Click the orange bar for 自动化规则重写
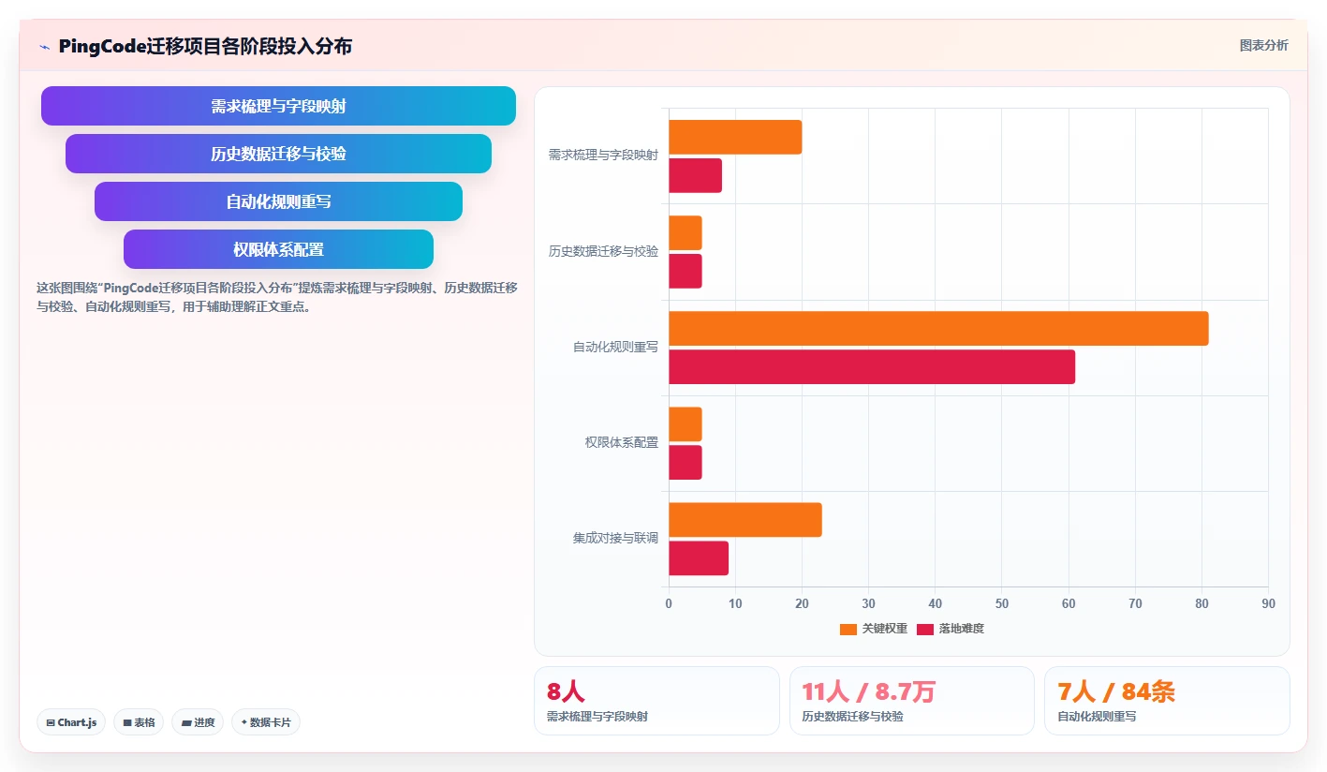pyautogui.click(x=938, y=328)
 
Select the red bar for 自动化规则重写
pyautogui.click(x=872, y=366)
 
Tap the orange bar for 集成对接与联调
pyautogui.click(x=745, y=520)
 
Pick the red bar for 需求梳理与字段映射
pyautogui.click(x=696, y=175)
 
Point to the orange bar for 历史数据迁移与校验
pyautogui.click(x=686, y=233)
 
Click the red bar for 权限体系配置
pyautogui.click(x=686, y=462)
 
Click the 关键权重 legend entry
pyautogui.click(x=873, y=629)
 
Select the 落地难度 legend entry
pyautogui.click(x=951, y=629)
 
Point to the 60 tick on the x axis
pyautogui.click(x=1069, y=603)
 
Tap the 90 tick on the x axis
pyautogui.click(x=1268, y=603)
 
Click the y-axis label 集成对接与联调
pyautogui.click(x=615, y=538)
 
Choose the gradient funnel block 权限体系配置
pyautogui.click(x=278, y=249)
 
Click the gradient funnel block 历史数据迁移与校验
pyautogui.click(x=278, y=154)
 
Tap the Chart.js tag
pyautogui.click(x=71, y=722)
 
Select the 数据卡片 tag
pyautogui.click(x=265, y=722)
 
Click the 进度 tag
pyautogui.click(x=198, y=722)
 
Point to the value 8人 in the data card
pyautogui.click(x=566, y=691)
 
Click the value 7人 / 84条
pyautogui.click(x=1116, y=691)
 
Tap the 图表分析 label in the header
pyautogui.click(x=1263, y=46)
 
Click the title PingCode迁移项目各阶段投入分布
pyautogui.click(x=205, y=46)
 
